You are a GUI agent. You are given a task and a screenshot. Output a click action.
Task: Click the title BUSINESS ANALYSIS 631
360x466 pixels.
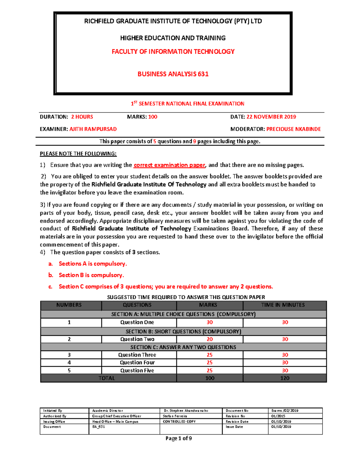pos(173,74)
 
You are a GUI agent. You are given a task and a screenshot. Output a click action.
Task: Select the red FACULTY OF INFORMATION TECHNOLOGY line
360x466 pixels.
pos(173,52)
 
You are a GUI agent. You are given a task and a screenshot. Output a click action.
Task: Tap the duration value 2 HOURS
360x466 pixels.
pos(82,117)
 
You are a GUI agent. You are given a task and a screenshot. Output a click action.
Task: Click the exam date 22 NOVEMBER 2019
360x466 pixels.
pos(271,117)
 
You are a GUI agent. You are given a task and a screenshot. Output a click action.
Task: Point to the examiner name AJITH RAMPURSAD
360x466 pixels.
pos(93,129)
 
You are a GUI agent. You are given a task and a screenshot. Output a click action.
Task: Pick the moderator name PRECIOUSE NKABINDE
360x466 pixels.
pos(293,129)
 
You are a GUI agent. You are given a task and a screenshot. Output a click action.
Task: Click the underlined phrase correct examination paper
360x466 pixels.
pos(169,165)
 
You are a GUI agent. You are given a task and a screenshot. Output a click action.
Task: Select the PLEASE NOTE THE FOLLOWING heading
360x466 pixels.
pos(78,154)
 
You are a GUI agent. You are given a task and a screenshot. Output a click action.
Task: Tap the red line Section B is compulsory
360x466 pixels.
pos(91,275)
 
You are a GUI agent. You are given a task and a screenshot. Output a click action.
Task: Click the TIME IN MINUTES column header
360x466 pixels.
pos(283,305)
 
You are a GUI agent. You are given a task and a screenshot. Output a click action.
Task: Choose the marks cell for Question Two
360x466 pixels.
pos(209,339)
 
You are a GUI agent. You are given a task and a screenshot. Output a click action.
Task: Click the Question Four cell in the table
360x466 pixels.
pos(137,362)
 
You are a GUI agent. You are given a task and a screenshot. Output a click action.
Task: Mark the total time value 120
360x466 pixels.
pos(284,378)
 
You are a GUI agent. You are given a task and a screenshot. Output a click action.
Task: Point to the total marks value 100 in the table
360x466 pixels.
pos(209,378)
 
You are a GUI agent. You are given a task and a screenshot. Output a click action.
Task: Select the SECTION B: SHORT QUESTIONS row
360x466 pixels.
pos(183,331)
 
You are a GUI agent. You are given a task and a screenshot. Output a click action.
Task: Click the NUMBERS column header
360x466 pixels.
pos(69,305)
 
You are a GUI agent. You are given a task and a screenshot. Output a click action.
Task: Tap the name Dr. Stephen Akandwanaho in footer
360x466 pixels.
pos(186,410)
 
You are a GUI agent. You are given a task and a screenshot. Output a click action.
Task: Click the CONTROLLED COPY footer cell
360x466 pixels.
pos(179,422)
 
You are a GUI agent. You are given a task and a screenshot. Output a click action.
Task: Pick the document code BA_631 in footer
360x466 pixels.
pos(98,427)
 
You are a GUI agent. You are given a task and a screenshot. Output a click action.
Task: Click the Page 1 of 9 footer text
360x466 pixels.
pos(178,438)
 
